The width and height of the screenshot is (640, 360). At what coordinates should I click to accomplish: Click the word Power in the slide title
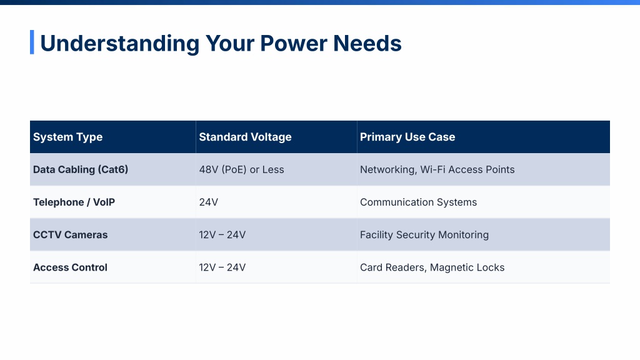tap(294, 43)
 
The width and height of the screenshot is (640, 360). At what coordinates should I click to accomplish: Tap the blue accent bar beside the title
tap(32, 42)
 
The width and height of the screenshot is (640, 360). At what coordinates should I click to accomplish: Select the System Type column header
tap(67, 137)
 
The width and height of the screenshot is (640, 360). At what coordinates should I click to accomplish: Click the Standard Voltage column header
tap(245, 137)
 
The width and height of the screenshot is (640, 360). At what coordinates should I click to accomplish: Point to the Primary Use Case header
tap(407, 137)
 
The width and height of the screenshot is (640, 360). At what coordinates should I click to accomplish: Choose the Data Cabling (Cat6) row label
tap(81, 170)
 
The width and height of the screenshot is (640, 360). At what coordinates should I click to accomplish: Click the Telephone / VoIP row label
tap(74, 202)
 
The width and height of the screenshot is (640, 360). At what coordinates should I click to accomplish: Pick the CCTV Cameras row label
tap(70, 235)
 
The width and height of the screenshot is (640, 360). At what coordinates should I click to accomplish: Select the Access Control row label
tap(70, 267)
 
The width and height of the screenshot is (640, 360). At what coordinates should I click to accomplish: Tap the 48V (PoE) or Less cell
tap(241, 170)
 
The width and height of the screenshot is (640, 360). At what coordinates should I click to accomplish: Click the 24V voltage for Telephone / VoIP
tap(209, 202)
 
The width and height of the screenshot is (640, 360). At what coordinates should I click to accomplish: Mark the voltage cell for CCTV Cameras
tap(222, 235)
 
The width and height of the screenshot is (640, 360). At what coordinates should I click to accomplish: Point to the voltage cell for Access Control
tap(222, 267)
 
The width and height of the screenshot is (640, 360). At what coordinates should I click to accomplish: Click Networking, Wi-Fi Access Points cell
tap(437, 170)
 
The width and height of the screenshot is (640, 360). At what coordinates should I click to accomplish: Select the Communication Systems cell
tap(418, 202)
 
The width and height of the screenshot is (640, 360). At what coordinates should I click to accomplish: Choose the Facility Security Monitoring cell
tap(424, 235)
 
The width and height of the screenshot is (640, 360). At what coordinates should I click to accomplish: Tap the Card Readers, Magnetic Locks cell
tap(432, 267)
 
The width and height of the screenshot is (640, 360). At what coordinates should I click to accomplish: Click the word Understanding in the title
tap(120, 43)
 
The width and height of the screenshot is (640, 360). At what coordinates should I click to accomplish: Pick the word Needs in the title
tap(367, 43)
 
